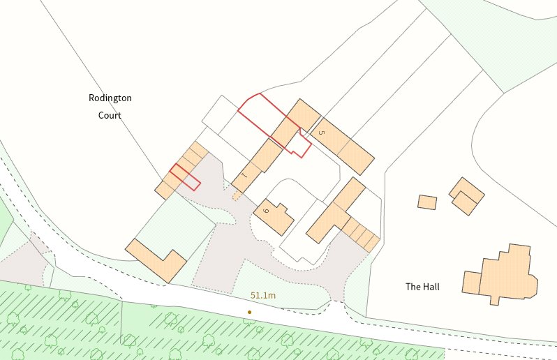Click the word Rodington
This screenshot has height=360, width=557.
pos(110,98)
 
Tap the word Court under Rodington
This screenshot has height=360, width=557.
pos(110,115)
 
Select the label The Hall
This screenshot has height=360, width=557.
pos(423,287)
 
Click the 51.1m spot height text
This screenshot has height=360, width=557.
pos(263,296)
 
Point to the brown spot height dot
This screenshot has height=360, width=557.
pos(249,312)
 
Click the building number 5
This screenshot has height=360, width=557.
pos(321,131)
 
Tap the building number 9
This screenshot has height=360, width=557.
pos(266,211)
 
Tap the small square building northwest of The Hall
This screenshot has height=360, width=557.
pos(427,202)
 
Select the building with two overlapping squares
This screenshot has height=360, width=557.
pos(466,196)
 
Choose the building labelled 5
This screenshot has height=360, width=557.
pos(341,146)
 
